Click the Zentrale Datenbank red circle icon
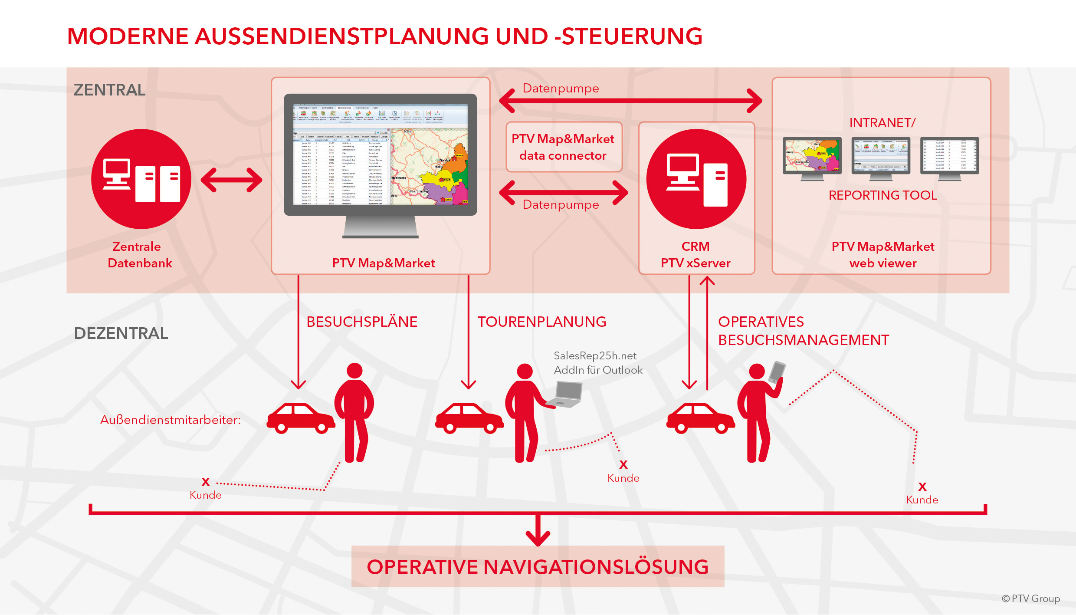tap(141, 179)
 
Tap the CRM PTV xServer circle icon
tap(696, 179)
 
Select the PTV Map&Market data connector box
tap(564, 147)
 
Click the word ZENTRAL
tap(109, 90)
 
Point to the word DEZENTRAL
tap(121, 333)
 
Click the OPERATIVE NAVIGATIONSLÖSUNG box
tap(538, 566)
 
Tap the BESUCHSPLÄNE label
tap(362, 322)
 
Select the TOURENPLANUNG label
tap(542, 322)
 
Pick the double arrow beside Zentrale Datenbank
tap(231, 180)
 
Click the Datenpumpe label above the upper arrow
tap(561, 89)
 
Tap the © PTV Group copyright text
tap(1030, 599)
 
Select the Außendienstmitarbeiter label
tap(170, 420)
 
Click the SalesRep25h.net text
tap(595, 356)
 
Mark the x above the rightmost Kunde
tap(922, 487)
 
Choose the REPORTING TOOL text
tap(882, 195)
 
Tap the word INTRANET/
tap(882, 123)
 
